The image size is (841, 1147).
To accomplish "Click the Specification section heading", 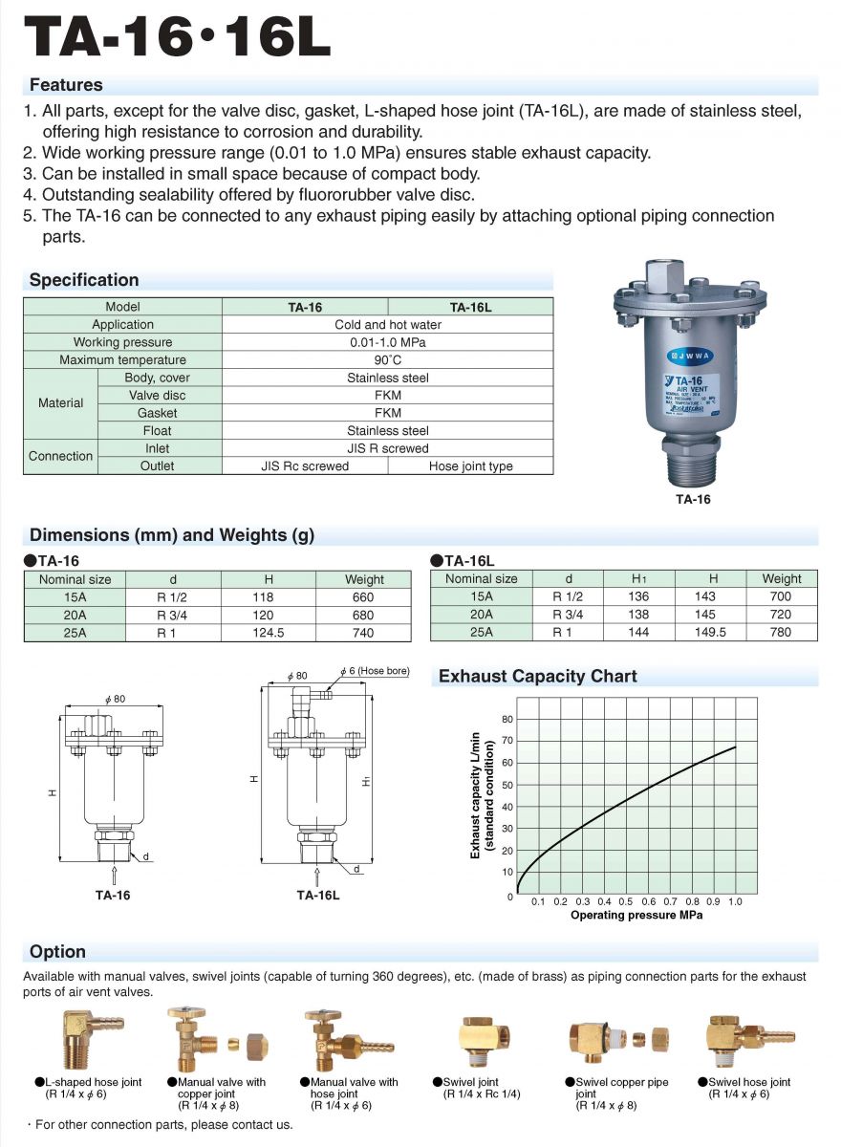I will click(x=84, y=280).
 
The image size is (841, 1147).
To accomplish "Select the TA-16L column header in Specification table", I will click(x=470, y=307).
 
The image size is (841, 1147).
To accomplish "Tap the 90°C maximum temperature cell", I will click(x=387, y=360).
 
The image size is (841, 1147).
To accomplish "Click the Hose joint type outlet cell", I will click(x=470, y=466).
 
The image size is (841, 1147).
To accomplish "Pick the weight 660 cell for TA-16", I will click(x=363, y=597).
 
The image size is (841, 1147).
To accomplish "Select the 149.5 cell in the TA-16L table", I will click(x=713, y=632).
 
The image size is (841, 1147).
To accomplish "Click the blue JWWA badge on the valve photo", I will click(x=689, y=352).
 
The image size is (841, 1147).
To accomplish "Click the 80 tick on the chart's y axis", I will click(x=507, y=719).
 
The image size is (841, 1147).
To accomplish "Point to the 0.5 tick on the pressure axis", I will click(x=626, y=901).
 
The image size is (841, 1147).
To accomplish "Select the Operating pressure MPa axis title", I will click(x=636, y=916).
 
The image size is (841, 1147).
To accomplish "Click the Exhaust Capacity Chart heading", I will click(x=537, y=676).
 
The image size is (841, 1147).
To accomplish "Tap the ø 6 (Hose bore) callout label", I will click(x=375, y=671).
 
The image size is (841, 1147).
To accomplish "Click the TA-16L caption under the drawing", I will click(x=317, y=896).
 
